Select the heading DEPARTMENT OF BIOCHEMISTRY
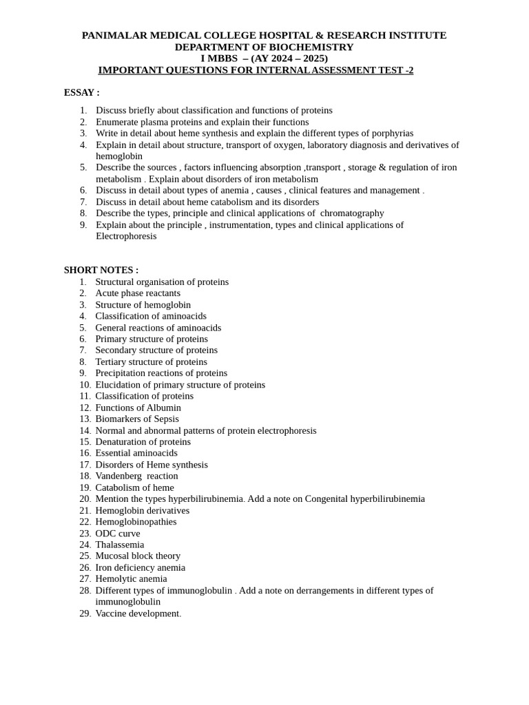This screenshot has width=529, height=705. tap(264, 47)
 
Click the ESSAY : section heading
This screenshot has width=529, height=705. tap(81, 92)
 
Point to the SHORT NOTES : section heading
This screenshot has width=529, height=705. tap(101, 270)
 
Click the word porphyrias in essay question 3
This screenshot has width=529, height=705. tap(391, 133)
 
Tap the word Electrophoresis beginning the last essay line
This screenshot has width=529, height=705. tap(126, 236)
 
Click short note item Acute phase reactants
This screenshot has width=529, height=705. tap(138, 293)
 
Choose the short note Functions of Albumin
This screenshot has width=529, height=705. tap(138, 408)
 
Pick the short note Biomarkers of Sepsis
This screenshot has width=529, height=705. tap(136, 419)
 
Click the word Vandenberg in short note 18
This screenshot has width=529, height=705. tap(118, 476)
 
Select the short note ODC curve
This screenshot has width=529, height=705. tap(117, 533)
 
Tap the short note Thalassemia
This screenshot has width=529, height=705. tap(119, 545)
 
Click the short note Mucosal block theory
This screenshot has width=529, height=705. tap(138, 556)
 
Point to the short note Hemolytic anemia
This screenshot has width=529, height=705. tap(131, 578)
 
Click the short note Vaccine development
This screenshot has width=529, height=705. tap(138, 613)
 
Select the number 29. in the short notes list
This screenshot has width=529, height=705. tap(85, 613)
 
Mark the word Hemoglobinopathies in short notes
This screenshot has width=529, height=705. tap(136, 521)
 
